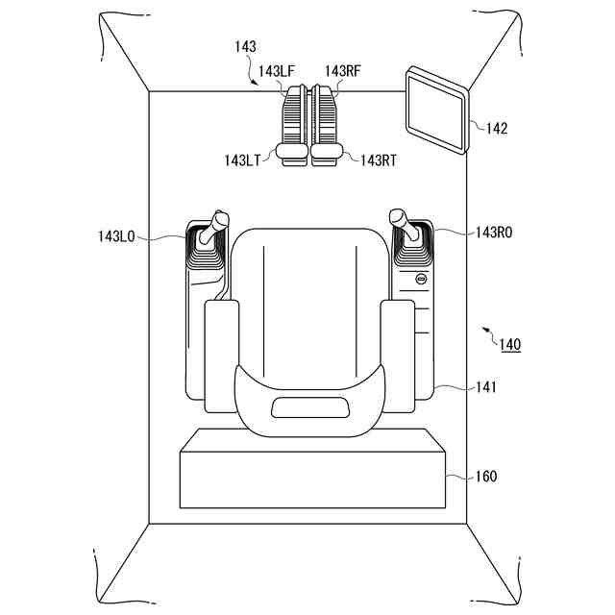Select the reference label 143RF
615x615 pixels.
click(x=342, y=70)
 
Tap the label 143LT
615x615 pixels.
click(x=241, y=160)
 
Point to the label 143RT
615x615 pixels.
click(x=379, y=160)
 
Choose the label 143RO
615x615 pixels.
click(x=494, y=233)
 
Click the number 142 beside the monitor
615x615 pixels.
click(x=497, y=128)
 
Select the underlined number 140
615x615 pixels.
click(x=510, y=344)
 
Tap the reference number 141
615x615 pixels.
click(x=487, y=387)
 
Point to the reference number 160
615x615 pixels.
click(x=486, y=477)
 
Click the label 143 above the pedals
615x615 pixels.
click(x=245, y=46)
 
